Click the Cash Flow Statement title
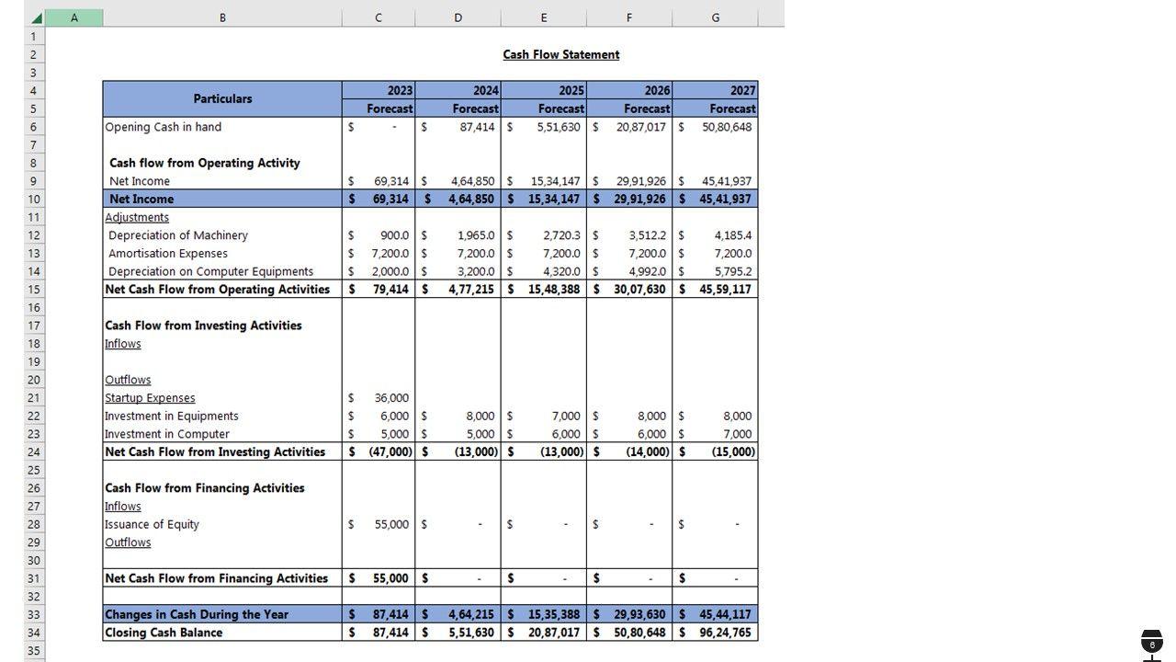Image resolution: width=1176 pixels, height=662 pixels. (560, 54)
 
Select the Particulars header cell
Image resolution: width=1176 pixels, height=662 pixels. (222, 98)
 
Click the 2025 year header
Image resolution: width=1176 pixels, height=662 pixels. (571, 90)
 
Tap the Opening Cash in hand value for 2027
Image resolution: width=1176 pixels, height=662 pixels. (727, 127)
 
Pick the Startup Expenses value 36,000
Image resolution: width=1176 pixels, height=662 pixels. (391, 398)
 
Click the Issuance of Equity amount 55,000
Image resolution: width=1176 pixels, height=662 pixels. (391, 524)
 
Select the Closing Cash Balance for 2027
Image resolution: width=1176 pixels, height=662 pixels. (725, 633)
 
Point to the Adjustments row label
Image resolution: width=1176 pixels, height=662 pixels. (137, 217)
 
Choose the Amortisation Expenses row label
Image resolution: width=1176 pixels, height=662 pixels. (168, 253)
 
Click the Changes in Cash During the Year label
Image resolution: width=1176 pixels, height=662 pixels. (197, 614)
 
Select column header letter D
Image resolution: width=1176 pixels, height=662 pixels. (458, 17)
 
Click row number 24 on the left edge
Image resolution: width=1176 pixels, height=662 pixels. (34, 452)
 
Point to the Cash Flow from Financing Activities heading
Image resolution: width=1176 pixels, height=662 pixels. (205, 488)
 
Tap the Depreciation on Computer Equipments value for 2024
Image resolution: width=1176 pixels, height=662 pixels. (476, 271)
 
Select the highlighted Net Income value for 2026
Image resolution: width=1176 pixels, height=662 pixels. (639, 199)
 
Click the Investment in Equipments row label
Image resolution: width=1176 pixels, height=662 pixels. (172, 416)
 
